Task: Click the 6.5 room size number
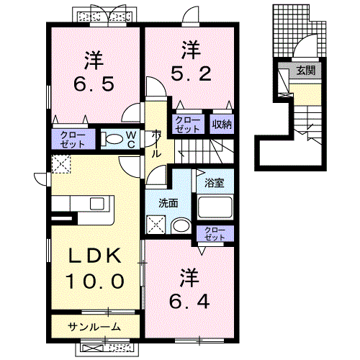[x=94, y=84]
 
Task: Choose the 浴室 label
[x=214, y=183]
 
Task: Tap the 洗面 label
[x=168, y=204]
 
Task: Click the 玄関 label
[x=305, y=71]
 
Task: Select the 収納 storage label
[x=222, y=124]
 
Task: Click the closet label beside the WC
[x=73, y=139]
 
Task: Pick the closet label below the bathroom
[x=215, y=233]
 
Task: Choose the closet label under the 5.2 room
[x=188, y=124]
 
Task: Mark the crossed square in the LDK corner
[x=60, y=165]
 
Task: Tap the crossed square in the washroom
[x=156, y=226]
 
